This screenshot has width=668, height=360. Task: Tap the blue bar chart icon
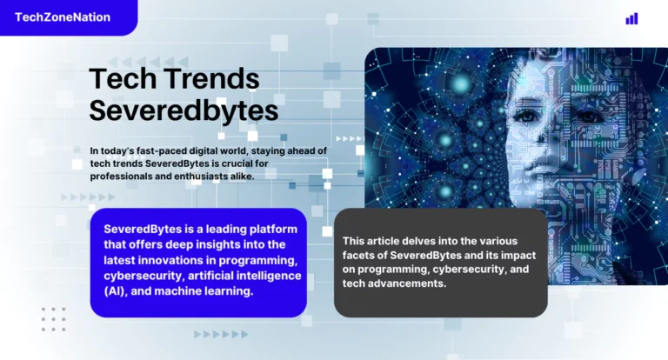tap(631, 18)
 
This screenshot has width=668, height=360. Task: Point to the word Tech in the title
tap(118, 80)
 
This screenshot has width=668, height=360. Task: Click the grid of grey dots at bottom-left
tap(53, 319)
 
